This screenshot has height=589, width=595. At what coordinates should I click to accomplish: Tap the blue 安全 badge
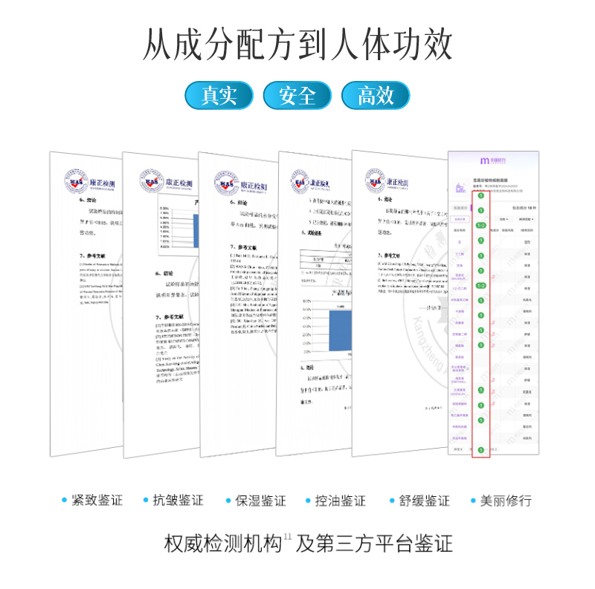click(x=297, y=95)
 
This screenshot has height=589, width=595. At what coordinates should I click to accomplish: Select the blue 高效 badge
click(x=376, y=95)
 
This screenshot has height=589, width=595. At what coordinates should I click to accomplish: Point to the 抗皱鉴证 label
click(x=177, y=501)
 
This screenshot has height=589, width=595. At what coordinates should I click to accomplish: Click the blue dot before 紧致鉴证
click(x=65, y=501)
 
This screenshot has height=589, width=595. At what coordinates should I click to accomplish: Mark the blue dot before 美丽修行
click(x=473, y=501)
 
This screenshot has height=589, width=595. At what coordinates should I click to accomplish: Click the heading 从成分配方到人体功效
click(x=297, y=45)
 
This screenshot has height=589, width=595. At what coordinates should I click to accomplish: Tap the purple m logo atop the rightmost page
click(x=484, y=160)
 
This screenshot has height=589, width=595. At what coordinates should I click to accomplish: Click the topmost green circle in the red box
click(x=481, y=196)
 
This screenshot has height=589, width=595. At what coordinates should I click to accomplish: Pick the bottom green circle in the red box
click(x=481, y=450)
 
